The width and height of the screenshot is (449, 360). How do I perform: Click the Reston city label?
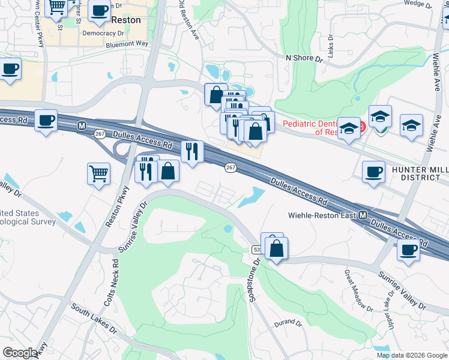pyautogui.click(x=126, y=20)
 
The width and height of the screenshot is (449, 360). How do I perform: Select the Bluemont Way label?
pyautogui.click(x=127, y=44)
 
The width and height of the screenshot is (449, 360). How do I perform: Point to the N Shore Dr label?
pyautogui.click(x=304, y=58)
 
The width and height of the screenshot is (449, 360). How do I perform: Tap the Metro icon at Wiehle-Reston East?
pyautogui.click(x=364, y=215)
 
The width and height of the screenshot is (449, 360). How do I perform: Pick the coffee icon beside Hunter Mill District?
pyautogui.click(x=373, y=172)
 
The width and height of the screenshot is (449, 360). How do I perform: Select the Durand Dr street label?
pyautogui.click(x=288, y=323)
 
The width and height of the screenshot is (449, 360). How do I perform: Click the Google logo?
pyautogui.click(x=20, y=353)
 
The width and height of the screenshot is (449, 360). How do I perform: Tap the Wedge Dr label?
pyautogui.click(x=414, y=3)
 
